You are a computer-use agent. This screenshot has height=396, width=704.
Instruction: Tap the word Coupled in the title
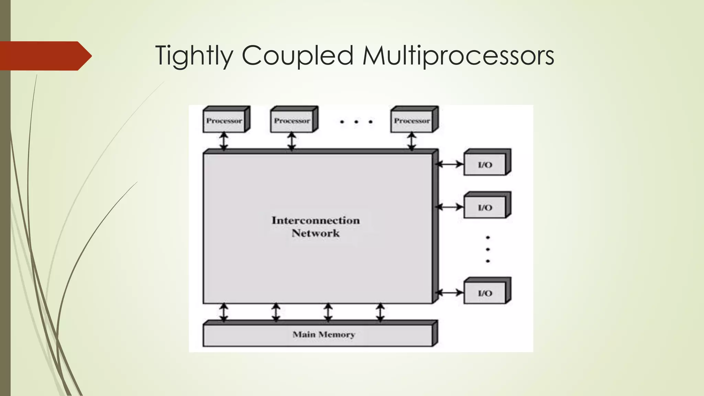coord(298,56)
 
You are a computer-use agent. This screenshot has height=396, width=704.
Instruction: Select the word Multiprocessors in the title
coord(458,56)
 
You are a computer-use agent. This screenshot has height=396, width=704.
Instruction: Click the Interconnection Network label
coord(316,227)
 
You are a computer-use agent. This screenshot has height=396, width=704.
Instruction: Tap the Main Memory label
coord(323,334)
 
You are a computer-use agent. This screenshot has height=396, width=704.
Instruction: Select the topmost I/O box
coord(485,165)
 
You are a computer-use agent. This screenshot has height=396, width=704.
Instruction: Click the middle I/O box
coord(485,208)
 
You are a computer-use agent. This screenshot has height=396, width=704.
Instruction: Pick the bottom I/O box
coord(485,293)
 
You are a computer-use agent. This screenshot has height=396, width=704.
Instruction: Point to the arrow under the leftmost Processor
coord(224,141)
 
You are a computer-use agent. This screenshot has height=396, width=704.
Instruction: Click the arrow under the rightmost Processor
coord(411,141)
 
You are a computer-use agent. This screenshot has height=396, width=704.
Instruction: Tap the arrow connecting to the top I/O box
coord(449,164)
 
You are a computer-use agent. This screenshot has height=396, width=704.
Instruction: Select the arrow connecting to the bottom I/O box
coord(449,293)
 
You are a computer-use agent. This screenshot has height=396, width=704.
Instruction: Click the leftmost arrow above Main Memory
coord(224,312)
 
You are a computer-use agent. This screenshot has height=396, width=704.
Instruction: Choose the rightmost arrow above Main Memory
coord(380,312)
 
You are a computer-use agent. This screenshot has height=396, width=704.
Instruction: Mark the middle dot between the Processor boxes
coord(356,122)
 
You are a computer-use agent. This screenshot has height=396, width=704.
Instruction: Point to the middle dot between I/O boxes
coord(488,249)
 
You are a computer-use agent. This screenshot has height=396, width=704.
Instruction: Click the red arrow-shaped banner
coord(45,56)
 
